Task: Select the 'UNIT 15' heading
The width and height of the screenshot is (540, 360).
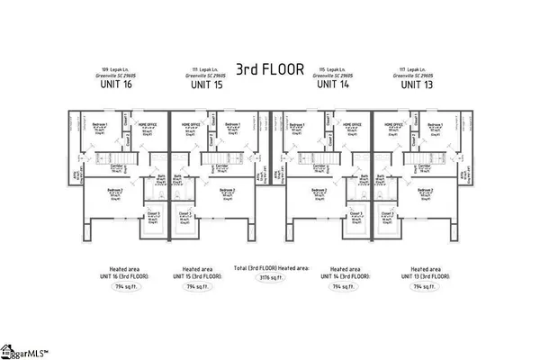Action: click(x=206, y=85)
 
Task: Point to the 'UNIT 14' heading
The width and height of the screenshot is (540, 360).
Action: click(x=334, y=85)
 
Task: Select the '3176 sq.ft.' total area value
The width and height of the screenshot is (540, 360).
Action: click(x=269, y=279)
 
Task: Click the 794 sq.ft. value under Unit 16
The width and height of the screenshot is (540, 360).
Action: click(x=120, y=286)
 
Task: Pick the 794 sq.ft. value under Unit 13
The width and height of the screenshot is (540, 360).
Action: click(x=419, y=286)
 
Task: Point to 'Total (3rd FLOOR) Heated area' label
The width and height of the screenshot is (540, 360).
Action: click(x=269, y=268)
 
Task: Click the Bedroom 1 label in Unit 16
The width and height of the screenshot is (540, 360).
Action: click(x=99, y=124)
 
